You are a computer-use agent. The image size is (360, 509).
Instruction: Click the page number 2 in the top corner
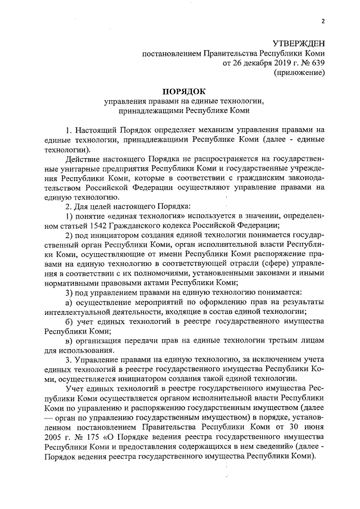[x=323, y=21]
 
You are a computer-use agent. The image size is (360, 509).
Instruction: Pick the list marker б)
[x=70, y=321]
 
